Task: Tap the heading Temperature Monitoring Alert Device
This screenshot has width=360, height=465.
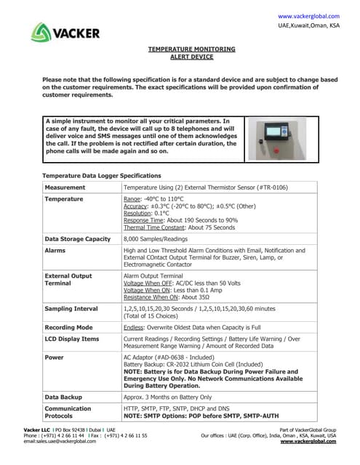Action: click(x=192, y=52)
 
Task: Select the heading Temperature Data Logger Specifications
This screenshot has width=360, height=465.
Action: click(x=101, y=176)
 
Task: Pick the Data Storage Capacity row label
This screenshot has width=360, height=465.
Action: click(x=78, y=238)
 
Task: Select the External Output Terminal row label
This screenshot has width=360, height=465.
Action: click(x=68, y=280)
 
